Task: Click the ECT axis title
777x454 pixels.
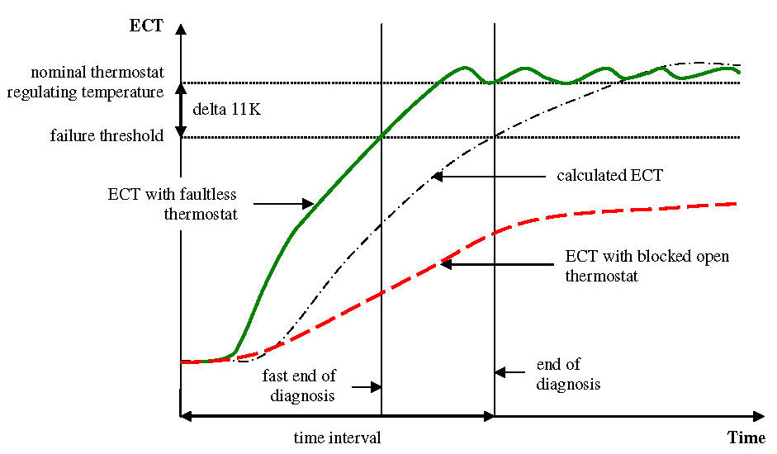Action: [146, 25]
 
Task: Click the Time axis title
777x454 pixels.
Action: [746, 437]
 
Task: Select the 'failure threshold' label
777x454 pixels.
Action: [107, 136]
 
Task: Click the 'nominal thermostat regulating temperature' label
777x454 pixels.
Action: [86, 83]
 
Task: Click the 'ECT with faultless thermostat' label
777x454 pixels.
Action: [172, 202]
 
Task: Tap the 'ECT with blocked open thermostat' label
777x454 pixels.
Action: [647, 265]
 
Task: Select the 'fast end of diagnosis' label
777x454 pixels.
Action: [300, 385]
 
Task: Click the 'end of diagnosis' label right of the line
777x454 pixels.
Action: [567, 375]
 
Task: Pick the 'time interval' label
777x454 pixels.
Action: [337, 437]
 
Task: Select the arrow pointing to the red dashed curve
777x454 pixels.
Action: [494, 264]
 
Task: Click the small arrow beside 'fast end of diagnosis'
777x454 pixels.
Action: [366, 385]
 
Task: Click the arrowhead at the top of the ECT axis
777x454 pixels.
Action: [182, 26]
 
